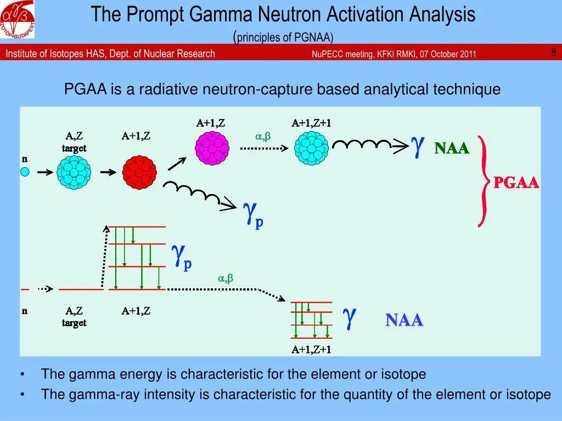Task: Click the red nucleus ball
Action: coord(139,172)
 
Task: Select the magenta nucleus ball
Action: coord(212,147)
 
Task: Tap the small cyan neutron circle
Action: coord(25,172)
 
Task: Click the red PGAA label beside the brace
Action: coord(516,183)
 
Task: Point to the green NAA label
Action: coord(452,148)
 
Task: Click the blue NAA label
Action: coord(404,320)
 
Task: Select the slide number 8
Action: coord(553,53)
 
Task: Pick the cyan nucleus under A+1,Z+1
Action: coord(311,147)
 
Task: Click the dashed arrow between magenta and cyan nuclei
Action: coord(263,148)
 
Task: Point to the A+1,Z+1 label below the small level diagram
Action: coord(311,350)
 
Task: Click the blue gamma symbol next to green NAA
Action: coord(418,145)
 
